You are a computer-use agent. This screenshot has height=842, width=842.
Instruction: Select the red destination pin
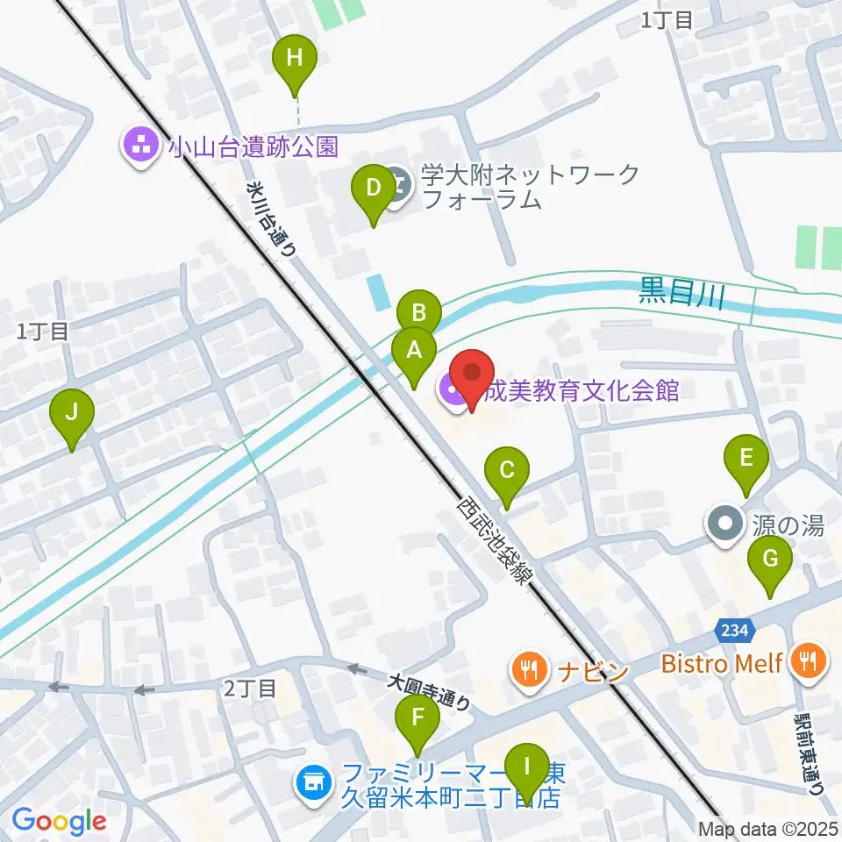click(x=472, y=377)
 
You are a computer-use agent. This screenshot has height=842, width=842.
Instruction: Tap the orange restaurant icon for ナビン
click(x=528, y=671)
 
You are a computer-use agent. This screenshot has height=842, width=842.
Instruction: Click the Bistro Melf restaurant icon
click(x=806, y=661)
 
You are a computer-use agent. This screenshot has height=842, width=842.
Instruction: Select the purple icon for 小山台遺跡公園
click(x=140, y=144)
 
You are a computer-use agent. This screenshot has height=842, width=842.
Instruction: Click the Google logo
click(x=58, y=821)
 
